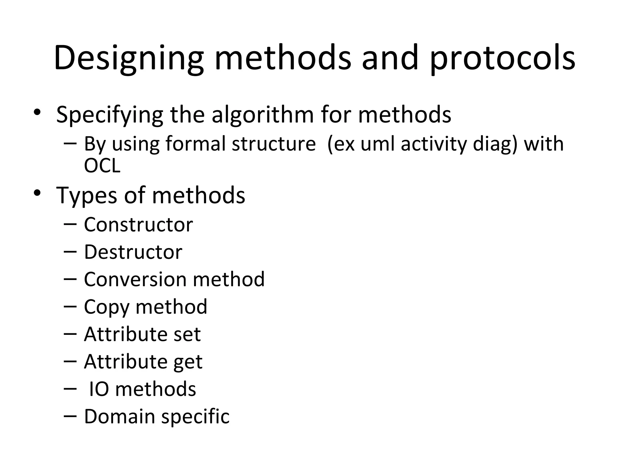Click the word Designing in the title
pos(128,58)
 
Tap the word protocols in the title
pos(502,58)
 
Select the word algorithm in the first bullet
pos(262,115)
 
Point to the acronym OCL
pos(102,166)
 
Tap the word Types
pos(86,196)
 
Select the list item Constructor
pos(138,224)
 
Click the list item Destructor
pos(133,252)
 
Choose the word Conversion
pos(135,279)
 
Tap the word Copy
pos(107,307)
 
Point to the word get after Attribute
pos(188,362)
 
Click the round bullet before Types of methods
pos(37,193)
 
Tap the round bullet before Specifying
pos(37,112)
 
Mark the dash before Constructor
pos(70,224)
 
